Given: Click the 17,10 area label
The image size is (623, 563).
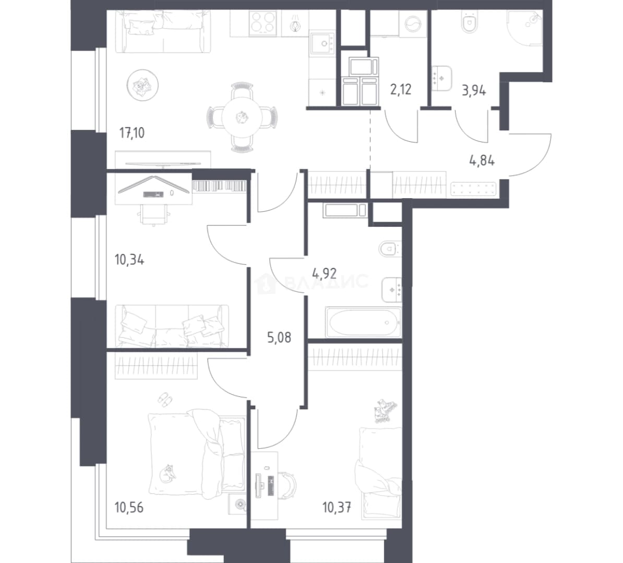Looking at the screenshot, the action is (132, 133).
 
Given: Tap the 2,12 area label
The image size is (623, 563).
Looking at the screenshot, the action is (401, 90).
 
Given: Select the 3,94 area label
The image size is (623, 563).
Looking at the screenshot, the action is (474, 91).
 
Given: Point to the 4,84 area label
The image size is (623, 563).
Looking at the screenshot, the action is (482, 161).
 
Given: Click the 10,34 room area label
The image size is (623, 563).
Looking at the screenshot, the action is (129, 260).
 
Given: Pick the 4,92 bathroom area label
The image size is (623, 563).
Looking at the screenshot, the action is (325, 273).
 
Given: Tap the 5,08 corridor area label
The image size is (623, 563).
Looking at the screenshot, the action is (279, 337).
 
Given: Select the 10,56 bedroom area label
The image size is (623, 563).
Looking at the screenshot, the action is (129, 507).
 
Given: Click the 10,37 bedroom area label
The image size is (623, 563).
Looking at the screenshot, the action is (337, 507).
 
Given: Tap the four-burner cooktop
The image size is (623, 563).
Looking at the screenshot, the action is (262, 23).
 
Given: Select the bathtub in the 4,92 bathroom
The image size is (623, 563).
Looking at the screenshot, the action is (363, 322).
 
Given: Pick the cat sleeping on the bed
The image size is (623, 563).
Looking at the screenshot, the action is (169, 472).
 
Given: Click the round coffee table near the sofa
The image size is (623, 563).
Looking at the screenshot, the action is (142, 84).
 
